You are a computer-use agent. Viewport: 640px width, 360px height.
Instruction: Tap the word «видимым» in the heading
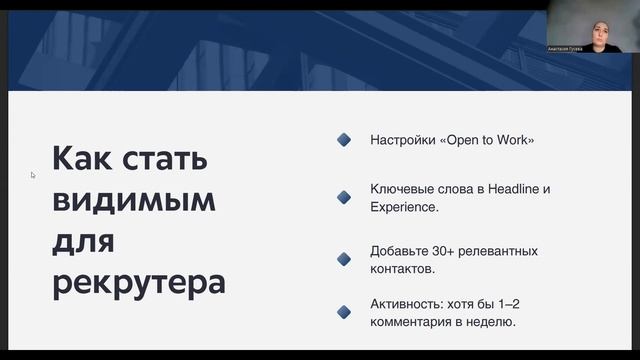tap(134, 201)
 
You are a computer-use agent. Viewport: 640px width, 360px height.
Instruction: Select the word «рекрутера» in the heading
tap(139, 282)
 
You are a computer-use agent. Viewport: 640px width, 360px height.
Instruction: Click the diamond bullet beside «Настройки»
tap(344, 140)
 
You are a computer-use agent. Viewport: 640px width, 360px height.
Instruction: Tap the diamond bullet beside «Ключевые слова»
tap(344, 198)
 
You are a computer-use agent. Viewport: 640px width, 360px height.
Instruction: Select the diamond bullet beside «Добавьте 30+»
tap(344, 258)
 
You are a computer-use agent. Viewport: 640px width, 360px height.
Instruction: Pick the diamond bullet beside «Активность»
tap(344, 312)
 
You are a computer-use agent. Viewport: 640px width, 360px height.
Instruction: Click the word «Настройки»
tap(399, 140)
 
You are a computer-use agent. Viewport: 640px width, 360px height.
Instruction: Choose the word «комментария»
tap(416, 322)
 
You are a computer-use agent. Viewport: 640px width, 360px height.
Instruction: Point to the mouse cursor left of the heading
tap(33, 175)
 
